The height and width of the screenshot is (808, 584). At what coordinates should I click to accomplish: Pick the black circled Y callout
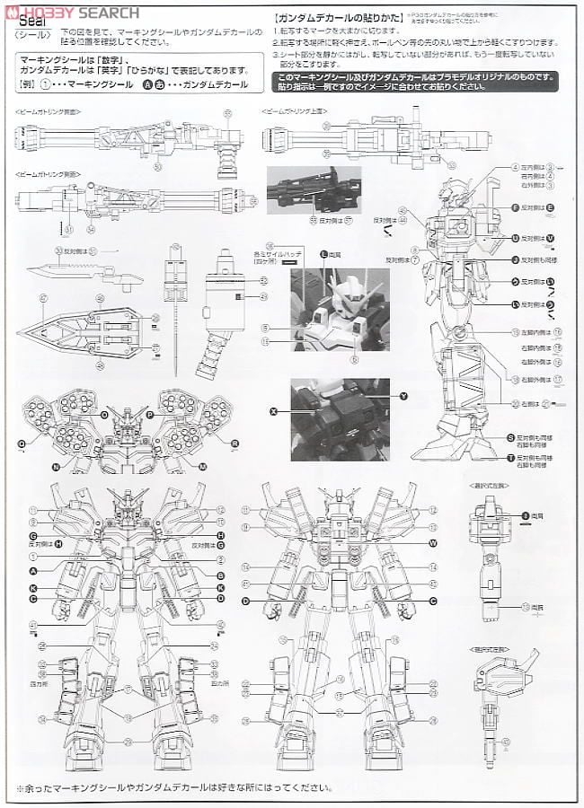click(403, 396)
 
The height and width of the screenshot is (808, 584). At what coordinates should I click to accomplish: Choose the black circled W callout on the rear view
click(432, 543)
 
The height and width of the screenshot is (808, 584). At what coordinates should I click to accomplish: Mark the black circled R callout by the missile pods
click(234, 443)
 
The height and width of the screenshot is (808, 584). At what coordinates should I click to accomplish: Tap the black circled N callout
click(56, 468)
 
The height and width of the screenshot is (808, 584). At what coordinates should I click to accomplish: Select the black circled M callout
click(203, 467)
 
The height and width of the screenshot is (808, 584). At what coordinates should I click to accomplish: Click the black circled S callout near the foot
click(510, 437)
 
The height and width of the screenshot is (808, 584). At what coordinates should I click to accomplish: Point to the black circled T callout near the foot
click(510, 457)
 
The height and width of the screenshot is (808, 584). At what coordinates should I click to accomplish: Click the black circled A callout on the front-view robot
click(33, 570)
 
